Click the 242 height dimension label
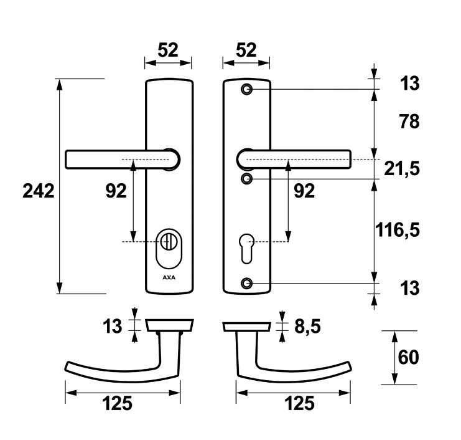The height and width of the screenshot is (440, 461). [39, 191]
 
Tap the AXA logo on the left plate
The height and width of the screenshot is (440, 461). [169, 277]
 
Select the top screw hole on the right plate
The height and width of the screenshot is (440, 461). [246, 89]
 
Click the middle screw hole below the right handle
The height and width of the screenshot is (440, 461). [246, 179]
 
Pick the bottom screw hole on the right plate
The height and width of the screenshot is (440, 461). [246, 284]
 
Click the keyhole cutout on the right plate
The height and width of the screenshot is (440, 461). [246, 248]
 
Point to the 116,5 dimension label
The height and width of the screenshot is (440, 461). [397, 230]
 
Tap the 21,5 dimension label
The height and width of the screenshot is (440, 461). [402, 169]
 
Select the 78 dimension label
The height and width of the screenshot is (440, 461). [409, 122]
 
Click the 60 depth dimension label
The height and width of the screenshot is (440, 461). [408, 357]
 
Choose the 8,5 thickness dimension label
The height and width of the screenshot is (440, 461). [307, 327]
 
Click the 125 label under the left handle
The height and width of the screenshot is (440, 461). [118, 403]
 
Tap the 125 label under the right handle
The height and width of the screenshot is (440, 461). [300, 403]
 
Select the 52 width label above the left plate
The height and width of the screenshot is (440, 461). [168, 50]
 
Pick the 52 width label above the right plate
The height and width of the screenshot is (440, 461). [246, 50]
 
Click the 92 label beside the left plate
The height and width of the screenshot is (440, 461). [116, 191]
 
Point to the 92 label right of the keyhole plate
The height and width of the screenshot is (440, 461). [304, 191]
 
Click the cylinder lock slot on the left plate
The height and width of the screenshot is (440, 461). [169, 249]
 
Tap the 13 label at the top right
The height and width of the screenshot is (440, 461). [409, 84]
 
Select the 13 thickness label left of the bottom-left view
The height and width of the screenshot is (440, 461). [113, 327]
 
